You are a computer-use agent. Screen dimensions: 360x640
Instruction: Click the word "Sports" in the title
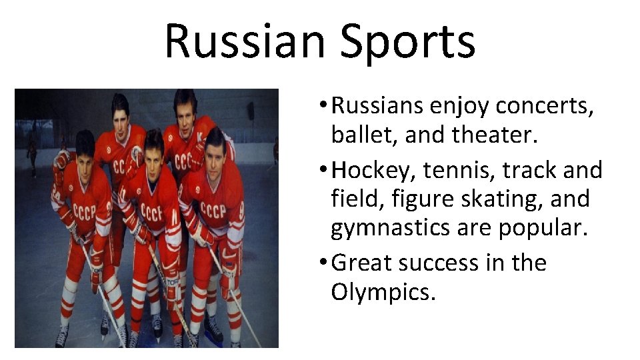[407, 41]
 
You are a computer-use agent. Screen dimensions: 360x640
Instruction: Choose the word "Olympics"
[383, 291]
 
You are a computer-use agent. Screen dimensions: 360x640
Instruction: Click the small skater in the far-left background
[31, 150]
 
